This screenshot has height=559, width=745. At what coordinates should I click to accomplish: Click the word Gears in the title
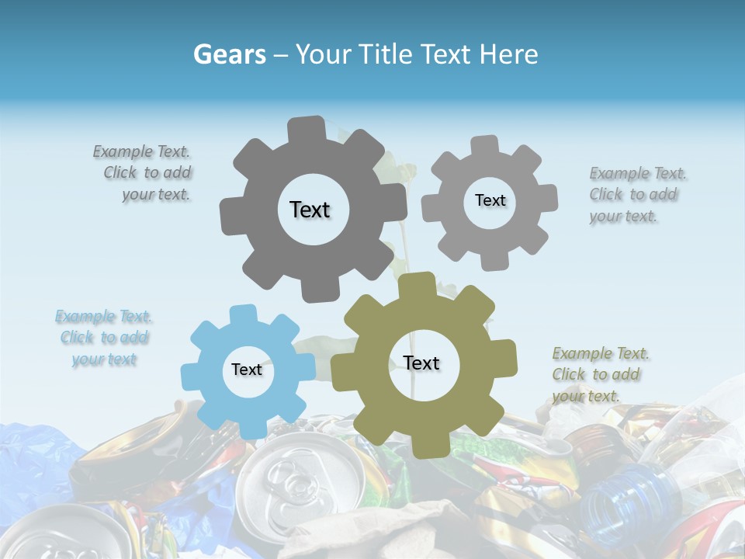coord(228,54)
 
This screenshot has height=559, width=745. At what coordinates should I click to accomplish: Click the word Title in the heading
coord(386,54)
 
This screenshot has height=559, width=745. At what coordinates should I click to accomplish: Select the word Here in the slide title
coord(508,54)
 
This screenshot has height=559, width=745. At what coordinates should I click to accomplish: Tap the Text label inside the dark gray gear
coord(310,210)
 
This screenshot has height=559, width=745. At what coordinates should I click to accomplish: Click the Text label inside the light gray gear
coord(490,200)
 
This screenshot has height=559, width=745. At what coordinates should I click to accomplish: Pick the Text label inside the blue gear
coord(247,370)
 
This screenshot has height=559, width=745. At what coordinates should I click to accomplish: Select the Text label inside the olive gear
coord(421,363)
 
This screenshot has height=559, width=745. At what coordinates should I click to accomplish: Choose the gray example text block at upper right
coord(636,194)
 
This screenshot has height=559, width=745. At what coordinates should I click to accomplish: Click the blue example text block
coord(104,338)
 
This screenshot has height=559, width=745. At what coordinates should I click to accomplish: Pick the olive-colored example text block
coord(599,374)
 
